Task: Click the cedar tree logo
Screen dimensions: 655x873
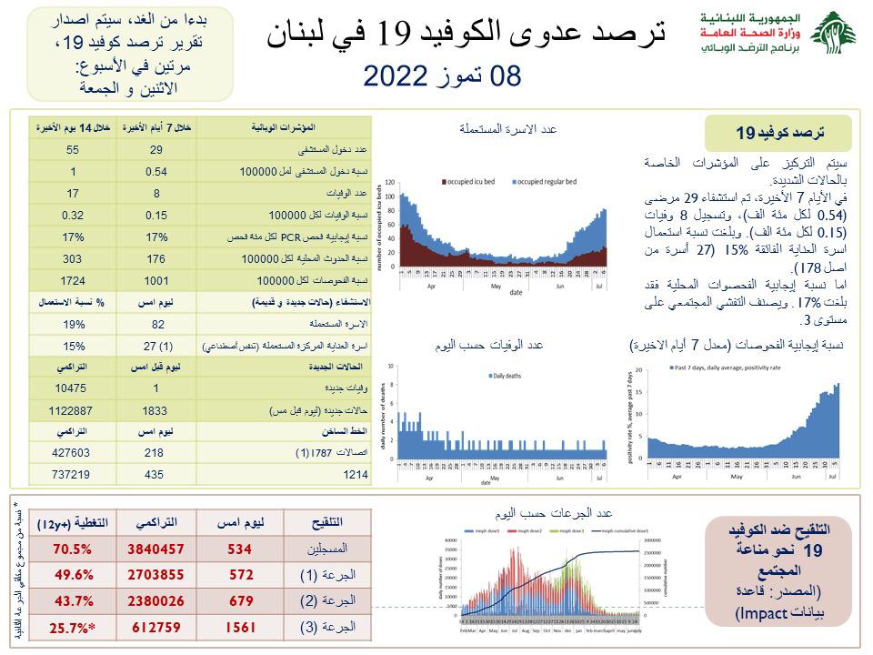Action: [x=833, y=35]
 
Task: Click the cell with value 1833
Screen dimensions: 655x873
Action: [x=156, y=410]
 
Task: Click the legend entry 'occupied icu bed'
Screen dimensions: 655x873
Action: [x=469, y=183]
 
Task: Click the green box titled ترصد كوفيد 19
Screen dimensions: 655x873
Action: [x=778, y=133]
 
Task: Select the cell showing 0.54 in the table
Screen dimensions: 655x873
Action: [x=156, y=172]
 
